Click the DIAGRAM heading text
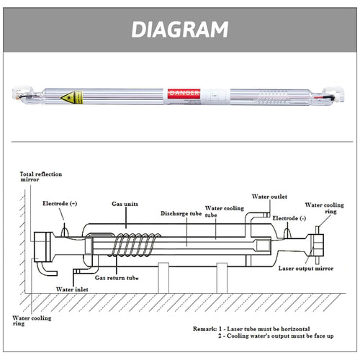pos(180,28)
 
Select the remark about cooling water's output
pos(279,336)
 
